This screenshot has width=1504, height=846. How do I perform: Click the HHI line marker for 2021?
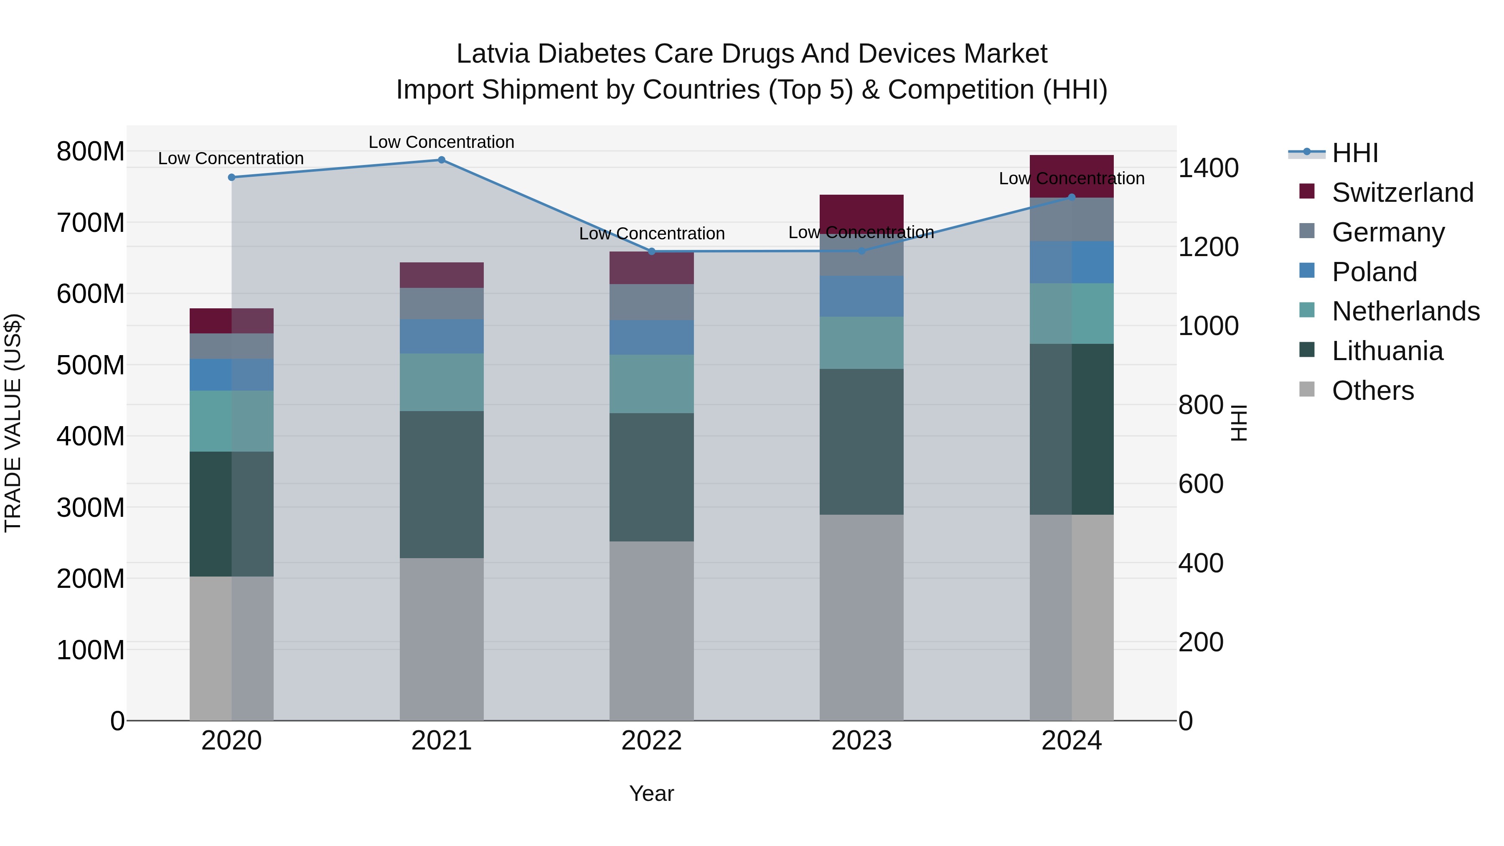442,160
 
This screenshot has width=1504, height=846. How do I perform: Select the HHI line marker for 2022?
652,252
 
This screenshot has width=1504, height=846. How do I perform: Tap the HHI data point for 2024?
1071,197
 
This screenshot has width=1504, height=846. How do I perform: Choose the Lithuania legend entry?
1387,351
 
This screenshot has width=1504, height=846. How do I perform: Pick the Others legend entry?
1373,391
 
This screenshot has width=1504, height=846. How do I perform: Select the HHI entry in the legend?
1355,153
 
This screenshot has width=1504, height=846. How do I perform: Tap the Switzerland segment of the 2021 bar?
442,275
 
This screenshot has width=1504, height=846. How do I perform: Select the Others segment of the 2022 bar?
652,630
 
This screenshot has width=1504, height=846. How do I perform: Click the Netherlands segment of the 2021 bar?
442,382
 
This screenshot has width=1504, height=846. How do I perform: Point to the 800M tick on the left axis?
91,152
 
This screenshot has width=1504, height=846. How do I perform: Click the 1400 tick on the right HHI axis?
1208,168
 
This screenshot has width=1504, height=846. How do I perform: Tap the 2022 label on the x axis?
652,741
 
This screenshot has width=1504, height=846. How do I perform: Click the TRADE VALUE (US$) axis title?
13,423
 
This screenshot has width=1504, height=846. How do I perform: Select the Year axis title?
652,793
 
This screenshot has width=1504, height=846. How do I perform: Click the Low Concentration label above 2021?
442,142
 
